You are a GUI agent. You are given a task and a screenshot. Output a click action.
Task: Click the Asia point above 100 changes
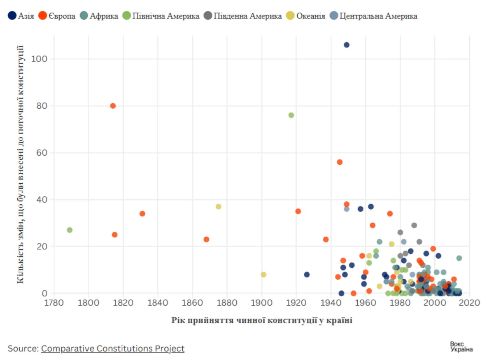click(347, 45)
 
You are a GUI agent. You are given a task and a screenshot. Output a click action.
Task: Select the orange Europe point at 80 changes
click(113, 106)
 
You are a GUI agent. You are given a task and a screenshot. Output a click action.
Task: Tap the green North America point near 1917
click(291, 115)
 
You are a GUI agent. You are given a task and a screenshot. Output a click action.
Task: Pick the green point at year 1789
click(70, 230)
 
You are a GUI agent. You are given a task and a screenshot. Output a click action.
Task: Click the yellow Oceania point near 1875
click(219, 207)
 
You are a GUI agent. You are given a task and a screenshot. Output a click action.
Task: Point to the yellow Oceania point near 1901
click(263, 274)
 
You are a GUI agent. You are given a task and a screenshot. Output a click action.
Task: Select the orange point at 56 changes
click(340, 162)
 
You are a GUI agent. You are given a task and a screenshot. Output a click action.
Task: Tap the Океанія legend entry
click(311, 16)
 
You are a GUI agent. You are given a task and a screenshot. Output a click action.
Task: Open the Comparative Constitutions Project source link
click(112, 348)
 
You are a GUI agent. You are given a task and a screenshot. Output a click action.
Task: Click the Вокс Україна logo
click(461, 346)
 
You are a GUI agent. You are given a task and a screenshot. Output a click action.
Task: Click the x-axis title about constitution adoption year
click(262, 320)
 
